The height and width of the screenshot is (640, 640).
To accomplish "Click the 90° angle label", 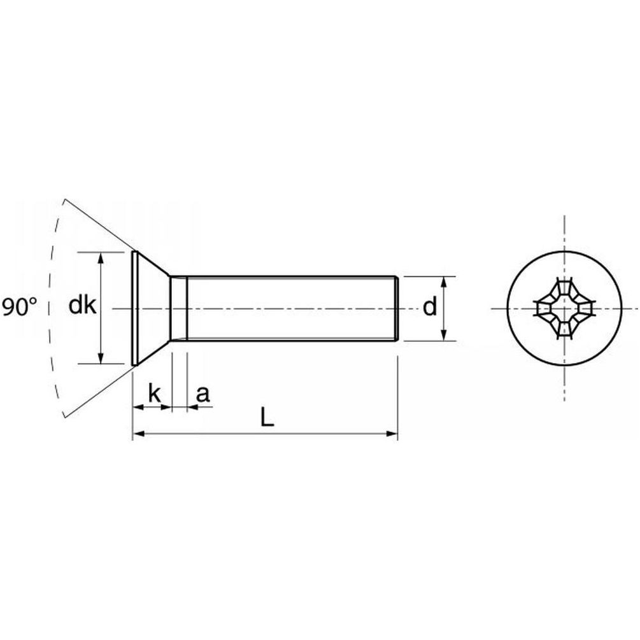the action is (19, 307).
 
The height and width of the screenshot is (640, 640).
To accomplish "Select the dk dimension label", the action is (82, 305).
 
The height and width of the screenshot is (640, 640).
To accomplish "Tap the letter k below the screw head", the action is (155, 394).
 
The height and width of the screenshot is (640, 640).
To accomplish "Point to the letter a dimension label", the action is (203, 395).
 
